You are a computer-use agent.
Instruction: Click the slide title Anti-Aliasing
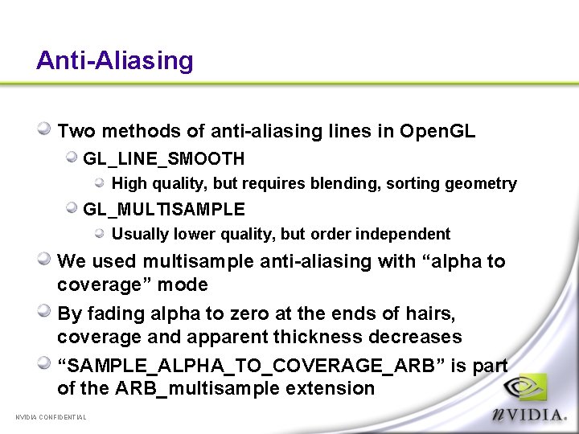click(115, 61)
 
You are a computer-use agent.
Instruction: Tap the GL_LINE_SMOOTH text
click(163, 159)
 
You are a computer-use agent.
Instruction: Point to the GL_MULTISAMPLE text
click(164, 209)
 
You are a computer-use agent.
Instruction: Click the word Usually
click(139, 235)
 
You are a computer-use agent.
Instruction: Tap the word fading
click(112, 313)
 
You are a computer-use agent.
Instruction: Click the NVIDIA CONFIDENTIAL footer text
click(51, 416)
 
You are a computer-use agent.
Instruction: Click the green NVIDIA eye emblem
click(531, 390)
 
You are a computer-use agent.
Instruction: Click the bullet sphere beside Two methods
click(46, 129)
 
